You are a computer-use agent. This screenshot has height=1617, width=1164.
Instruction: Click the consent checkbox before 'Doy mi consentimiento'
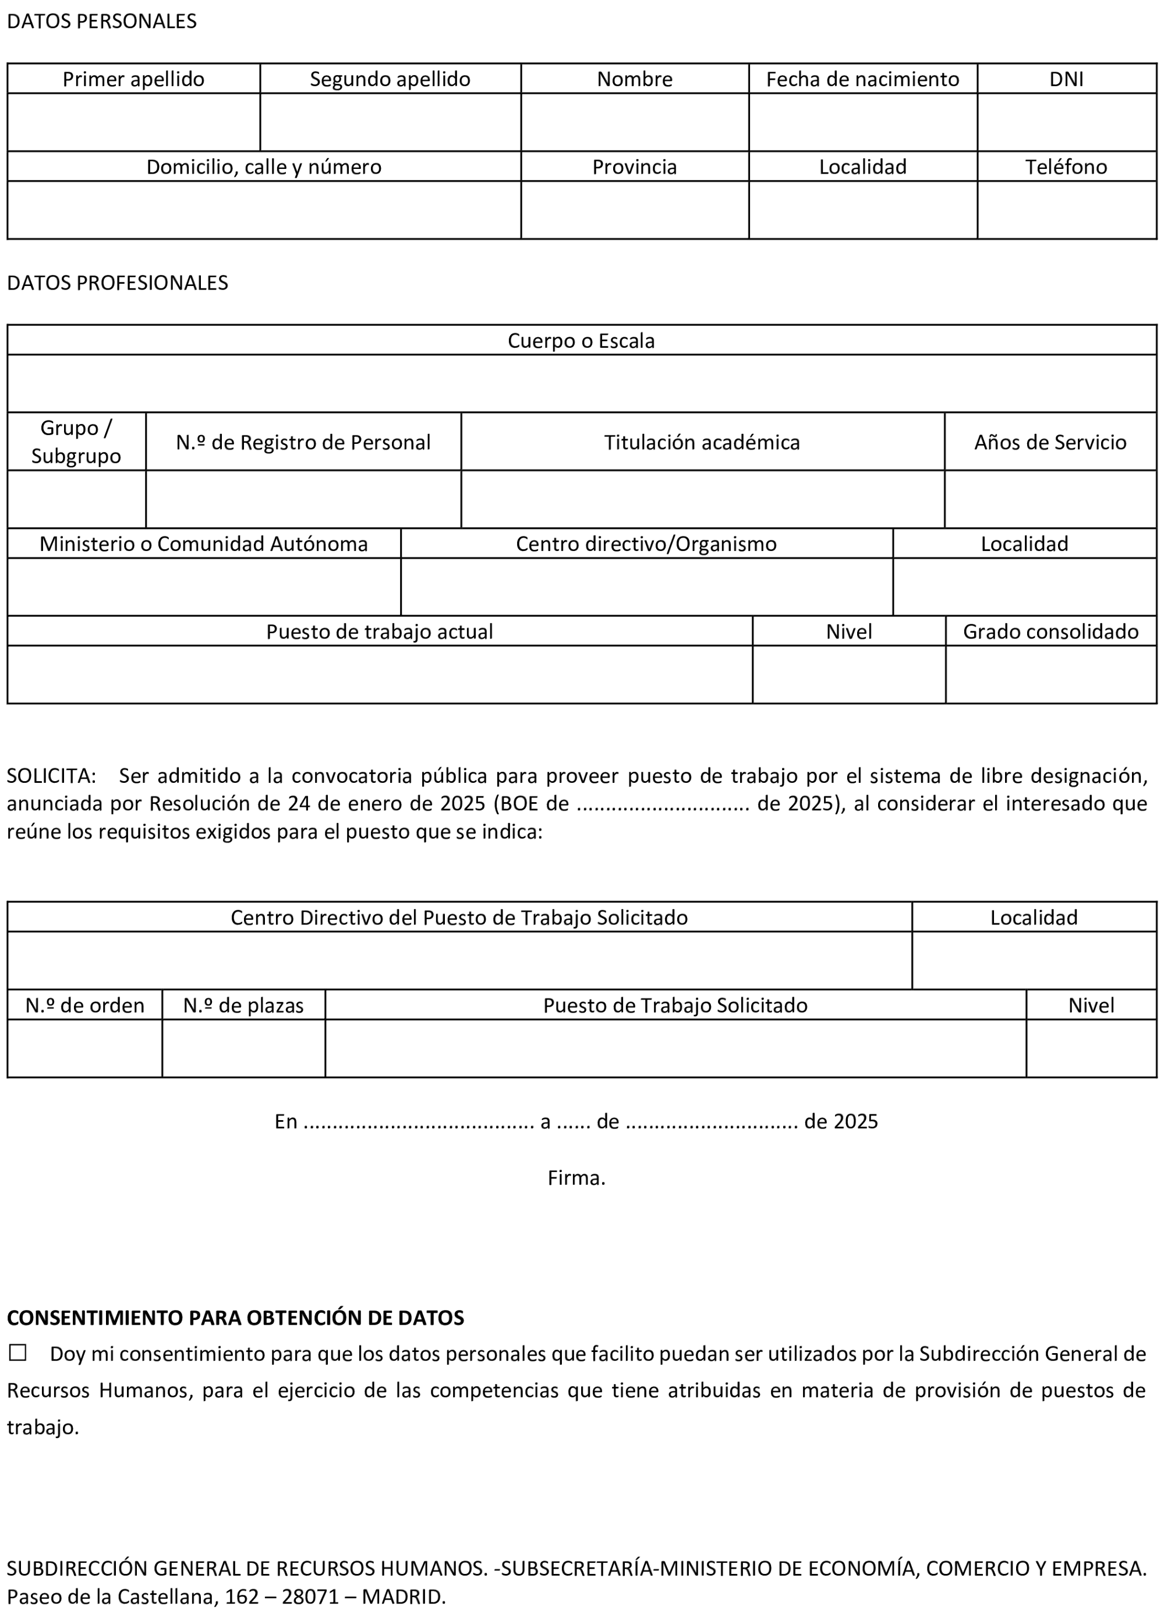(x=18, y=1353)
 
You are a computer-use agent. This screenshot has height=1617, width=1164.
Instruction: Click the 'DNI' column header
(x=1066, y=79)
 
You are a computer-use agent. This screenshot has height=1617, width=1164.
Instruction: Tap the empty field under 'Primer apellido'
(x=133, y=122)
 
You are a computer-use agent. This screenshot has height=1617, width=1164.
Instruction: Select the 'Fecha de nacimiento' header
(x=862, y=79)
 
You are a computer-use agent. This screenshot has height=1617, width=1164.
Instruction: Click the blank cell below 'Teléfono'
(x=1066, y=210)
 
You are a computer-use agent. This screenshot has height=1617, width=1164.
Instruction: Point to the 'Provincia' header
(x=634, y=167)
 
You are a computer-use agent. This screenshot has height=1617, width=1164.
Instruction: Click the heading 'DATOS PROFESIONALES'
(x=118, y=283)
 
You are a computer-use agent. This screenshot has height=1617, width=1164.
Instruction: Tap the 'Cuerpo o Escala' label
(x=581, y=341)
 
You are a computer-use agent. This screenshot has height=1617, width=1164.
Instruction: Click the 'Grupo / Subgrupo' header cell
(x=76, y=442)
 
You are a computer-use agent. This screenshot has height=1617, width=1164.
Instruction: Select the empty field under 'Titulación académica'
(x=702, y=499)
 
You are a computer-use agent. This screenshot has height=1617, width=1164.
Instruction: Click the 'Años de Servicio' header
(x=1049, y=442)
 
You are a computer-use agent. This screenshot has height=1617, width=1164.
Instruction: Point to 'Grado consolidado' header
(x=1050, y=631)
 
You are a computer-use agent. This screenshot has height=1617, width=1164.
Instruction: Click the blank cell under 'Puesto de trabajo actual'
(x=379, y=675)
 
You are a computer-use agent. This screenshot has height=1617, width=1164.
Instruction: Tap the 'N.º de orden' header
(x=85, y=1005)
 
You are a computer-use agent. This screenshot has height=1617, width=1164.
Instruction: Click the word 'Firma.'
(x=576, y=1178)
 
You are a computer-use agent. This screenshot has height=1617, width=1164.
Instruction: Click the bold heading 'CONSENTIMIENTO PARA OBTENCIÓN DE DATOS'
(x=235, y=1318)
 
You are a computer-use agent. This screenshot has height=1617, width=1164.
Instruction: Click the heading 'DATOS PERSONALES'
(x=102, y=22)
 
